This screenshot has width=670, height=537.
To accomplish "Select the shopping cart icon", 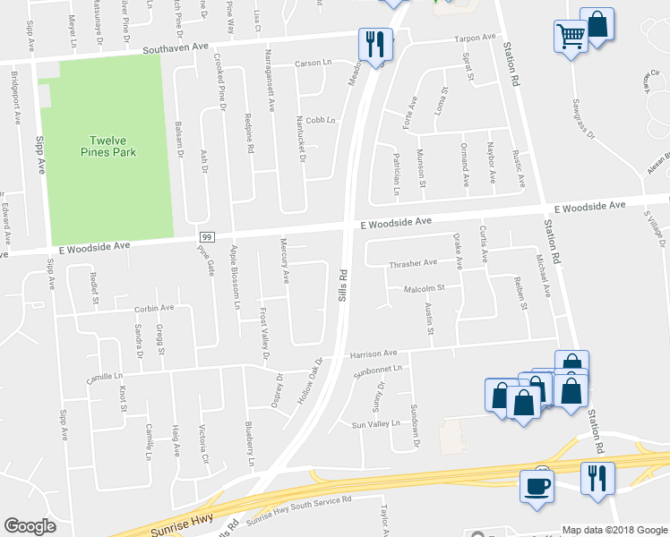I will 570,37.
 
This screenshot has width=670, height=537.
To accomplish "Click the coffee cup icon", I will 537,486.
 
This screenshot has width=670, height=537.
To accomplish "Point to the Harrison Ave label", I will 373,354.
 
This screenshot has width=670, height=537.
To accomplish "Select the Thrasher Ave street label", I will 412,263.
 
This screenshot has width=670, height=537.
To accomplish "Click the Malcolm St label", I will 424,288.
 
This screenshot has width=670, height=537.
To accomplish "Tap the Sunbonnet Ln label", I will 380,368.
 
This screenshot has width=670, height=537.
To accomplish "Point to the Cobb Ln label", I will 320,120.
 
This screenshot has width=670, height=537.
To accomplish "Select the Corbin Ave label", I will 154,308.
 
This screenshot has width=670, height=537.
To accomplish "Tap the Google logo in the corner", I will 30,526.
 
